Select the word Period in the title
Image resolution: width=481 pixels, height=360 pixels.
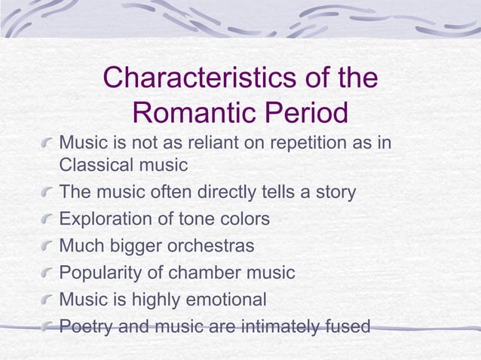point(305,114)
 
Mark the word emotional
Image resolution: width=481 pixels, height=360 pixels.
point(222,300)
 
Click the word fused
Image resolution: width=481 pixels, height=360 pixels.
point(345,327)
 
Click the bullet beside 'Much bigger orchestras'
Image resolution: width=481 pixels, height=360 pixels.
point(48,247)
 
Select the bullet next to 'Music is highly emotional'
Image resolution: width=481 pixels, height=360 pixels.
point(48,301)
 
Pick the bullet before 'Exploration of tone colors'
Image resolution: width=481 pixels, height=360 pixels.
point(48,220)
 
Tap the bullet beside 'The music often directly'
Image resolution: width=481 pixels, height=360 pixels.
point(48,193)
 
